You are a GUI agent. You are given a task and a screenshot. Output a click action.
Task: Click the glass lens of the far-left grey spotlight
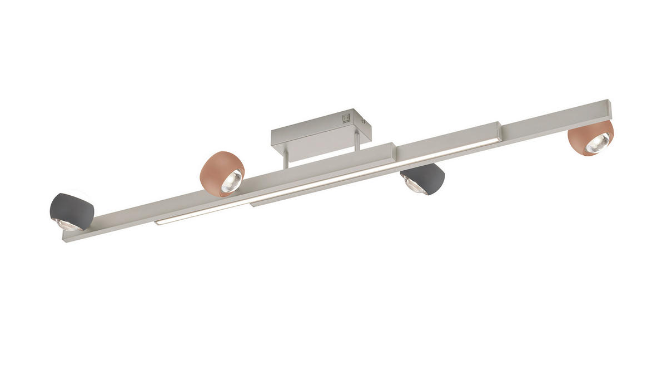point(68,224)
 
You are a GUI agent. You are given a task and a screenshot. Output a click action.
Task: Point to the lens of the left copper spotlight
point(231,181)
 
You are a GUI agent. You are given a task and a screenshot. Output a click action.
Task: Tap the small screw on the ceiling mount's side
point(362,120)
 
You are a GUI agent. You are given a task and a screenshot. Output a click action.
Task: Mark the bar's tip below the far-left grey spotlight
point(66,239)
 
